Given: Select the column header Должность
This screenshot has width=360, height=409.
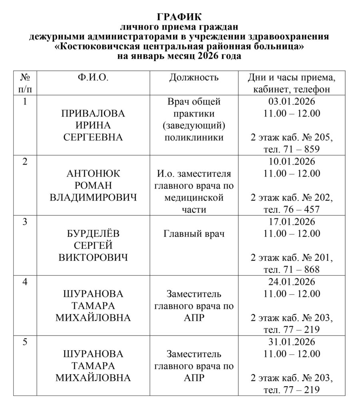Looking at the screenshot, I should [194, 77].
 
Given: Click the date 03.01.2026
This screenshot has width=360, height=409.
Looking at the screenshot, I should [292, 102].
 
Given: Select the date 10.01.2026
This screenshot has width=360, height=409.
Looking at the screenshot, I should [292, 162].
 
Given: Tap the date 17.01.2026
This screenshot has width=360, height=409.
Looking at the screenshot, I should [292, 222].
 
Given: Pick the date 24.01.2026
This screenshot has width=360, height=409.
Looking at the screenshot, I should [292, 282].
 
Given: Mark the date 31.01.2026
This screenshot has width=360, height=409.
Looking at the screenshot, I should [292, 342].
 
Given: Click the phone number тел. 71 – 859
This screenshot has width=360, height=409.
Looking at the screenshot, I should [292, 150].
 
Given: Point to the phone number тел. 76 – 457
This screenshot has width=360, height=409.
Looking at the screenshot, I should [292, 210].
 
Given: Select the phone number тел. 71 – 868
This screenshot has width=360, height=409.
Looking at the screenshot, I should [292, 270].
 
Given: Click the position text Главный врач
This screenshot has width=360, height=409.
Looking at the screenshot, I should [194, 234].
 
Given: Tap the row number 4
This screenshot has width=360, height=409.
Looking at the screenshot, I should [25, 282].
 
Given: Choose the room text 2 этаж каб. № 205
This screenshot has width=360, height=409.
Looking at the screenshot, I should [292, 138].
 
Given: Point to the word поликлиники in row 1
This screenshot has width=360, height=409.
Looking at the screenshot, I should [194, 138].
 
